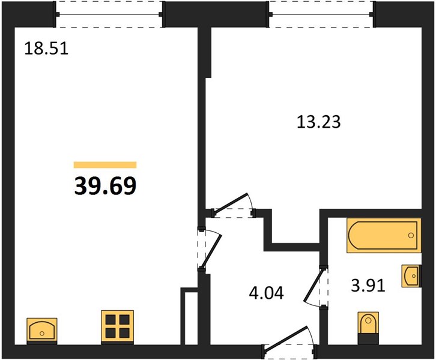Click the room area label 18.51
point(46,48)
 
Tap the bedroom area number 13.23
point(319,122)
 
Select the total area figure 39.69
point(105,185)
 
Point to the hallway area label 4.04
point(267,293)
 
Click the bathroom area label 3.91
point(368,285)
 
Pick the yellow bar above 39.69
point(105,165)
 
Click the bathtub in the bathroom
point(384,236)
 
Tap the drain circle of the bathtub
point(411,236)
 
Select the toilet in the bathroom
point(368,328)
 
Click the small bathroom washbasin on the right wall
point(411,276)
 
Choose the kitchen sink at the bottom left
point(42,331)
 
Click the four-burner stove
point(117,326)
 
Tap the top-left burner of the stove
point(111,320)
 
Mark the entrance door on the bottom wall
point(289,342)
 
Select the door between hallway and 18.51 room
point(209,249)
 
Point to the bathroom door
point(315,287)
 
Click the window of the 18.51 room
point(109,14)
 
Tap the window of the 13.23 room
point(322,14)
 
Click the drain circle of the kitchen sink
point(42,334)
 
